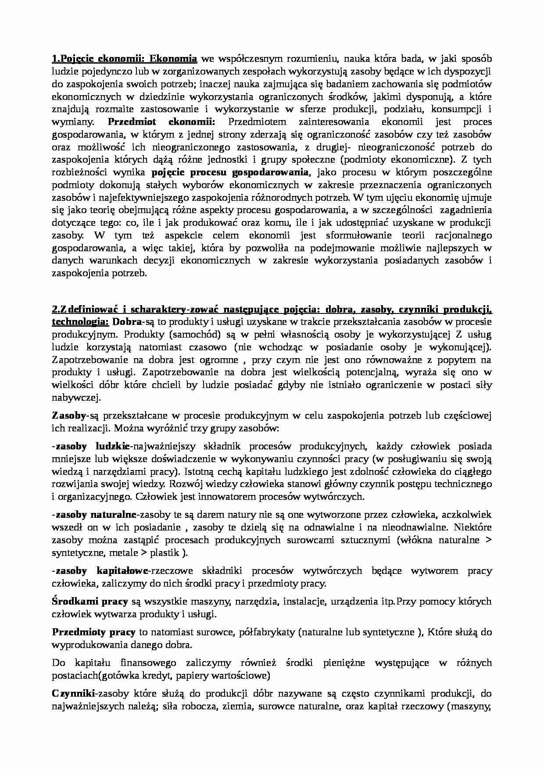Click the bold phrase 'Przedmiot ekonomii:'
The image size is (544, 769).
point(161,122)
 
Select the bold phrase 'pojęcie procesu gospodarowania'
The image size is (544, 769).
point(230,172)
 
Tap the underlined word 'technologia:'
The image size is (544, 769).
point(80,322)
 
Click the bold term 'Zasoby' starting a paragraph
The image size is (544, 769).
point(68,415)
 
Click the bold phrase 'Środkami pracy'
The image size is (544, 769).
point(90,602)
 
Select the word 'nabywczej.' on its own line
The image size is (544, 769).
point(76,398)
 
